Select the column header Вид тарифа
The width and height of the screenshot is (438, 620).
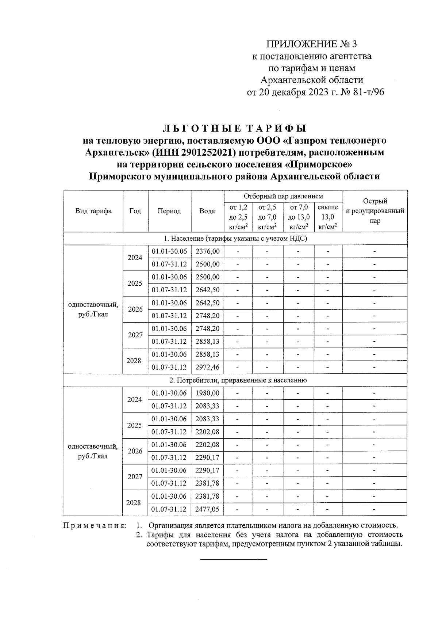(93, 211)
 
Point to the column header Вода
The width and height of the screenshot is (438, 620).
(207, 211)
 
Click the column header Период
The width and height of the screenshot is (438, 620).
(169, 211)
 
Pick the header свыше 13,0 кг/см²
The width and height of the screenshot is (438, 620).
(328, 217)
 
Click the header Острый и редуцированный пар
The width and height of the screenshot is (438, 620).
(375, 211)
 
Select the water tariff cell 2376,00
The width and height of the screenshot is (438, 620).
(207, 251)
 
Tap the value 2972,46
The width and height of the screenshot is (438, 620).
(207, 367)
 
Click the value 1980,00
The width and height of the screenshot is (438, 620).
(207, 393)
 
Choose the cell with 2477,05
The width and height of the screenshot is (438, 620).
(207, 509)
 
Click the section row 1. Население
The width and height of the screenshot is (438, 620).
(235, 239)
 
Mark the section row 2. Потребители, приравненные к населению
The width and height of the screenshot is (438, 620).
(235, 380)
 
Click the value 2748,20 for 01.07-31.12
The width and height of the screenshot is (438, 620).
(207, 316)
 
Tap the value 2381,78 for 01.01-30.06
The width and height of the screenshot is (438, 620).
(207, 496)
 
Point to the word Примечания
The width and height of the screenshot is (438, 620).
(95, 526)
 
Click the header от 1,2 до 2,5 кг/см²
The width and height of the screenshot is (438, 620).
(238, 217)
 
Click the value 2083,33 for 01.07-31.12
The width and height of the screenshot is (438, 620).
(207, 406)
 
